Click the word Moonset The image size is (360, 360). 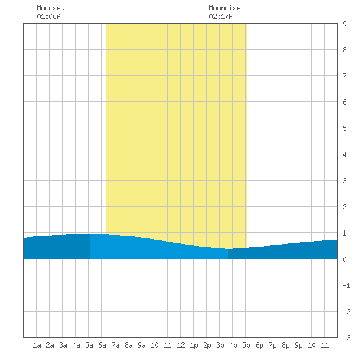click(x=50, y=8)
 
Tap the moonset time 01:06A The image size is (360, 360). click(x=48, y=16)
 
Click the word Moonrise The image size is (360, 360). click(x=225, y=8)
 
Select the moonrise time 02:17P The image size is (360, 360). click(x=221, y=16)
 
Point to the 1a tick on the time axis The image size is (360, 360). click(x=37, y=345)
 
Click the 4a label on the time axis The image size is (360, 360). click(x=76, y=345)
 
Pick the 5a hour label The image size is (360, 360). click(x=89, y=345)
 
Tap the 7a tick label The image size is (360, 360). click(x=115, y=345)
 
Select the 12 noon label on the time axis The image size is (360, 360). click(x=181, y=345)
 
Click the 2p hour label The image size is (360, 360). click(x=207, y=345)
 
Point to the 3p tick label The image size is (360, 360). click(x=220, y=345)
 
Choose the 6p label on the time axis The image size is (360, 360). click(x=259, y=345)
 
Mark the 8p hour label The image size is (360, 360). click(x=285, y=345)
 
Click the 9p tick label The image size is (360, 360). click(x=298, y=345)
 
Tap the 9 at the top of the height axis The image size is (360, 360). click(x=344, y=24)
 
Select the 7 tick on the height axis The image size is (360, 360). click(x=344, y=76)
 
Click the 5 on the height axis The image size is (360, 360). click(x=344, y=128)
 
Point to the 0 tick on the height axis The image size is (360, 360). click(x=344, y=259)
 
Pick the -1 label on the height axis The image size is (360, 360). click(x=346, y=285)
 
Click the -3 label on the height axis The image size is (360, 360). click(x=346, y=338)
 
